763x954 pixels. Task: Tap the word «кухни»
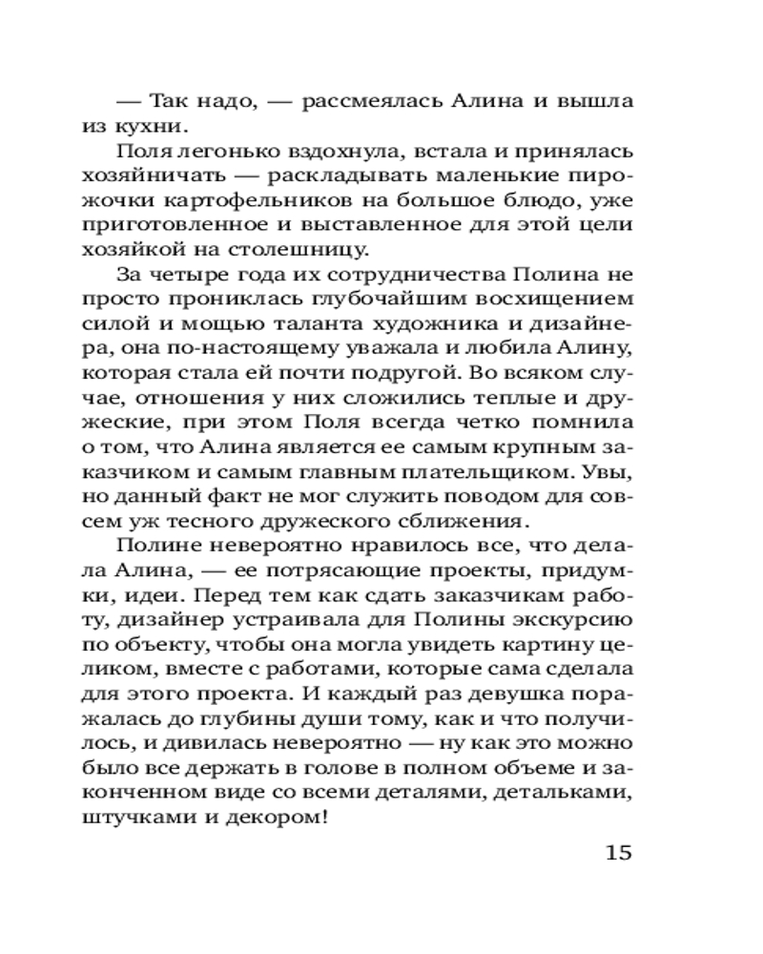tap(173, 126)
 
